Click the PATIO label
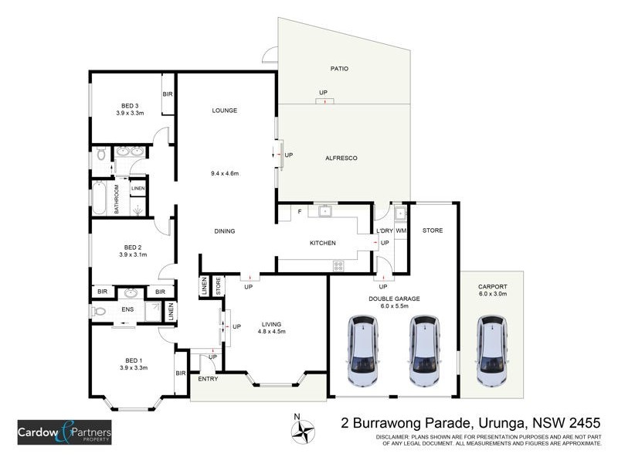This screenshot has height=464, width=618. [340, 69]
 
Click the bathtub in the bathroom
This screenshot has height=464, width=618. [100, 198]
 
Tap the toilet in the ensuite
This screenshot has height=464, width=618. [99, 311]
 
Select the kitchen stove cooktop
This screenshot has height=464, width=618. [338, 265]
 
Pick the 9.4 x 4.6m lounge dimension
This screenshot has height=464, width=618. [225, 173]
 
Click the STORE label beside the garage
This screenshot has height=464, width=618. [432, 230]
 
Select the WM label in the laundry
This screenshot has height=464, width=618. [401, 231]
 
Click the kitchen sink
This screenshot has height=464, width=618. [324, 210]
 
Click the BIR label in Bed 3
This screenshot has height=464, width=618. [167, 94]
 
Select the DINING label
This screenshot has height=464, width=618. [224, 231]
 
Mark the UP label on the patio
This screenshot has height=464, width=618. [323, 94]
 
